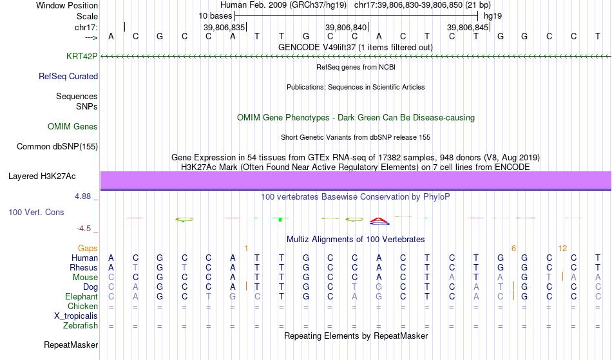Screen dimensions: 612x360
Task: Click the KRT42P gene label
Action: coord(82,56)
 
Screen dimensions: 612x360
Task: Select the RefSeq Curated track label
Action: coord(68,76)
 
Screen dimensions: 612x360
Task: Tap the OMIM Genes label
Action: coord(73,126)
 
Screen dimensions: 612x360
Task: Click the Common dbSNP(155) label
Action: coord(57,146)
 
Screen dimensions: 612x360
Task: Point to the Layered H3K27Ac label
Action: coord(42,176)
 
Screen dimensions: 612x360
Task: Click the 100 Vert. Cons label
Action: coord(36,212)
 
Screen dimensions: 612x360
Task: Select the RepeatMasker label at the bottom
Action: coord(71,345)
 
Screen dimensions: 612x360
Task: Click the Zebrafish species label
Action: coord(81,325)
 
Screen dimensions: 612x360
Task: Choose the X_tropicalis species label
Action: coord(76,316)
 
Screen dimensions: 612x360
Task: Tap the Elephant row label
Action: coord(81,296)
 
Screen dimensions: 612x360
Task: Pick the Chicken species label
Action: coord(82,306)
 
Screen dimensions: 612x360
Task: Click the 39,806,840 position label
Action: coord(346,27)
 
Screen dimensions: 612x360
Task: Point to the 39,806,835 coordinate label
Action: coord(224,27)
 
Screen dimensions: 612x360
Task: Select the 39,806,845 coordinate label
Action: coord(468,27)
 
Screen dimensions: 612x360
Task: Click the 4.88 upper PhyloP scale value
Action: coord(82,196)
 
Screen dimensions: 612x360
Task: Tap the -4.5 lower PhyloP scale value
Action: coord(84,228)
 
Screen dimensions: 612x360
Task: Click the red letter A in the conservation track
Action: coord(379,220)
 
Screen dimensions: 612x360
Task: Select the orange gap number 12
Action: coord(562,248)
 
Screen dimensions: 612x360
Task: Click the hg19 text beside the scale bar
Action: coord(493,16)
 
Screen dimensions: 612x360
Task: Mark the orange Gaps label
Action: coord(88,248)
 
